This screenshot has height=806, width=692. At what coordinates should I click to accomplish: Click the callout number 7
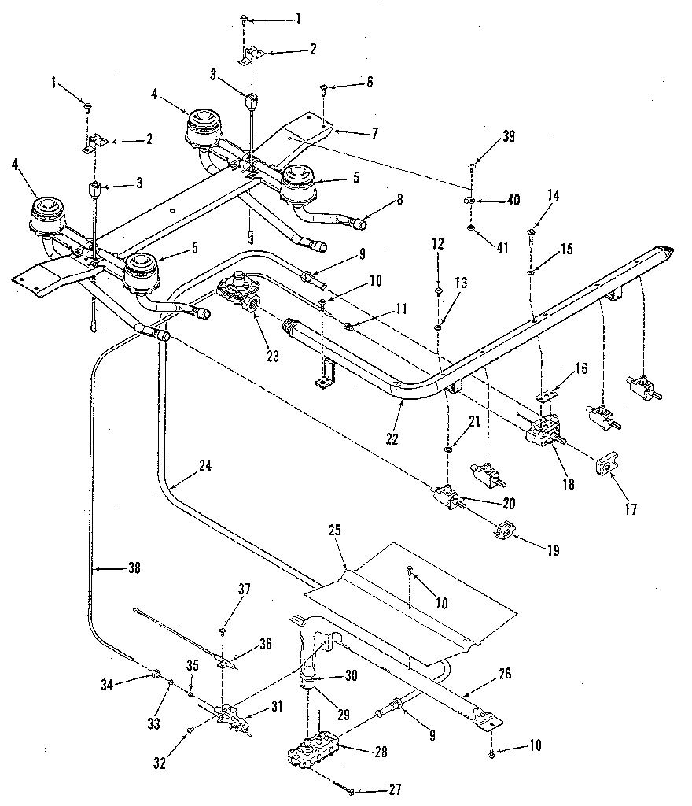pyautogui.click(x=374, y=133)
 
